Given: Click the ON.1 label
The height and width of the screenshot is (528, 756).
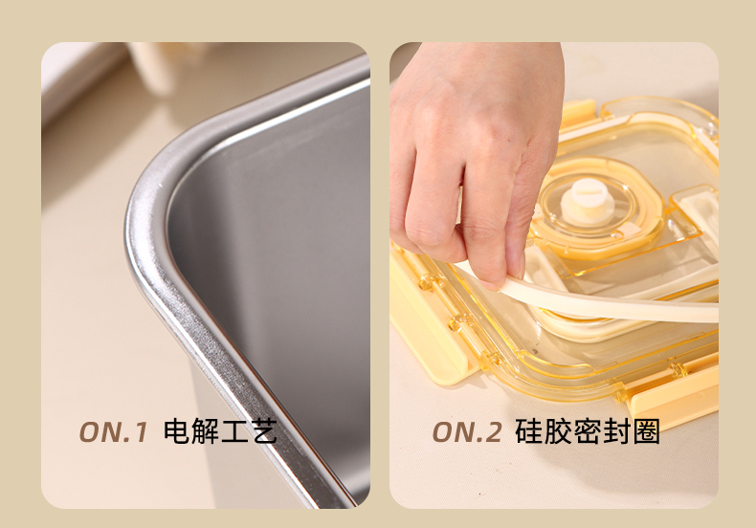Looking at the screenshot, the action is (x=113, y=431).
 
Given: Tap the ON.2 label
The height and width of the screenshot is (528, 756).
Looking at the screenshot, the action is (x=467, y=431).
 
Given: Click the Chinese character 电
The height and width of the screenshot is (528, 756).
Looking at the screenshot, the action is (x=176, y=431).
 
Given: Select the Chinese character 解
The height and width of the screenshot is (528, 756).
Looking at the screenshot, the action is (x=205, y=431).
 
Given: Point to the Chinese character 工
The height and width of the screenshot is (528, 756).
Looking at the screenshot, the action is (x=234, y=431).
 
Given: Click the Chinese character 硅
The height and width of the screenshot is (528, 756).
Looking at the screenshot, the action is (x=528, y=431).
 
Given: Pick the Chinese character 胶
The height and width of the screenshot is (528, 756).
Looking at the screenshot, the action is (x=558, y=431).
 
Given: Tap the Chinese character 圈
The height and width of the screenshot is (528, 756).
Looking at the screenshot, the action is (x=647, y=431).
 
